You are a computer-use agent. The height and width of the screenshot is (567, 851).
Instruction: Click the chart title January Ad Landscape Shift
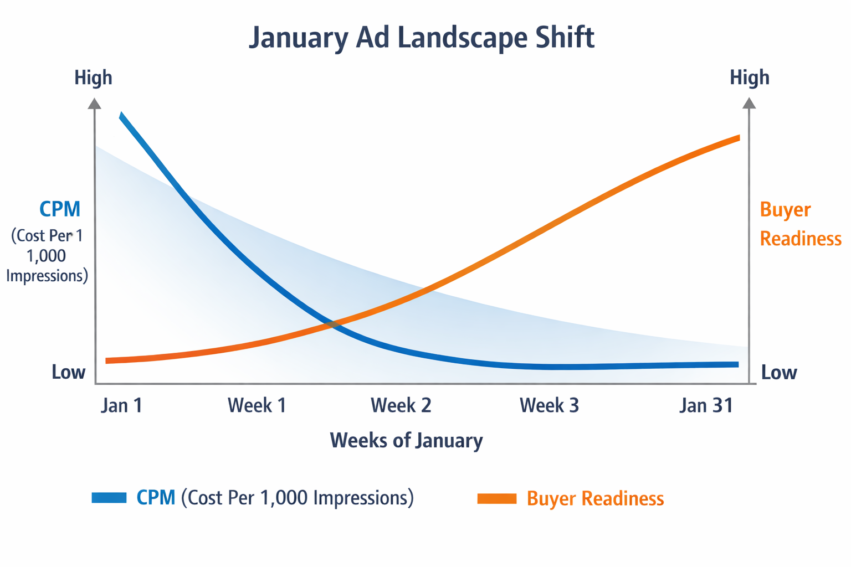[422, 38]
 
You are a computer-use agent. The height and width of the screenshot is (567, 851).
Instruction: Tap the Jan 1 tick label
[122, 405]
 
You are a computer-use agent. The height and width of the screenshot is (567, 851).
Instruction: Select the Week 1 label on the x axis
[257, 405]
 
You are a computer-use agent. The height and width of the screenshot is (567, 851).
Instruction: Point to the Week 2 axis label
[401, 405]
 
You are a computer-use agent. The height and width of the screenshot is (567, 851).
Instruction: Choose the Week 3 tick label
[549, 405]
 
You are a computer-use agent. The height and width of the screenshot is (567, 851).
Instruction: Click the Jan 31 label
[706, 405]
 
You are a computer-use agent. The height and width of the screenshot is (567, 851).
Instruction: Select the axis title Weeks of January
[406, 441]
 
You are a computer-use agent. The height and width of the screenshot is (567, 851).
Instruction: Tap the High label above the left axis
[93, 78]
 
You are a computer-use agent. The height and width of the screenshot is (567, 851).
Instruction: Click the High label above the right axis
[749, 78]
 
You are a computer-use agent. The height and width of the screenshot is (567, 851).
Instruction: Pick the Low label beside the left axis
[69, 372]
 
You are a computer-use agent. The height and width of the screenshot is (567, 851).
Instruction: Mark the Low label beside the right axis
[779, 372]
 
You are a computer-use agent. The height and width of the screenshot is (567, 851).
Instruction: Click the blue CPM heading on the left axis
[60, 209]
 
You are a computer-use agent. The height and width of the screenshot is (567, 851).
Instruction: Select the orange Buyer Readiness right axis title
[800, 224]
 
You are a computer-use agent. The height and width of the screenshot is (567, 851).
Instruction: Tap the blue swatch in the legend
[109, 497]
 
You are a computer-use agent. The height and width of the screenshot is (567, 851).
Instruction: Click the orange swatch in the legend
[496, 498]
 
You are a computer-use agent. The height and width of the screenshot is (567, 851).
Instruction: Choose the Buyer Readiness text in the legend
[595, 498]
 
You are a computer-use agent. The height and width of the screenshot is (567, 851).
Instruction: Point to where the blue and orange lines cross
[332, 324]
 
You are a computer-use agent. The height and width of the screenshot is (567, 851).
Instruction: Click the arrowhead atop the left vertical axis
[95, 104]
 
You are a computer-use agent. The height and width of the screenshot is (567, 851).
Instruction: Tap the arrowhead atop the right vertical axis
[749, 104]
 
